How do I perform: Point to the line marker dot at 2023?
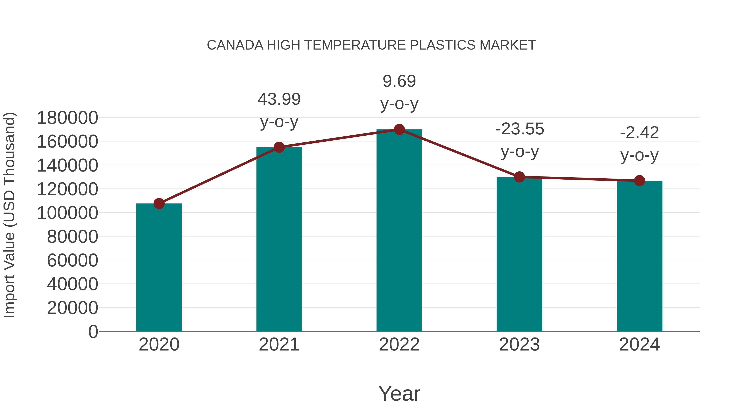[x=519, y=177]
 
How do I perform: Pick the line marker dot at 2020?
[x=159, y=203]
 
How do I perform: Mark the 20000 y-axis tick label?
[x=72, y=308]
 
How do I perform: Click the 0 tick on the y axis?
[x=93, y=332]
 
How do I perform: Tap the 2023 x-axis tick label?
[x=519, y=345]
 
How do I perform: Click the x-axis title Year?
[x=399, y=393]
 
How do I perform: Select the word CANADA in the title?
[x=235, y=45]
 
